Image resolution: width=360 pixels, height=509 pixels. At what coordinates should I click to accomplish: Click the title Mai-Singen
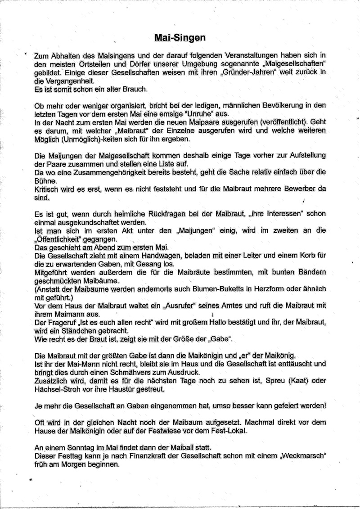click(x=180, y=39)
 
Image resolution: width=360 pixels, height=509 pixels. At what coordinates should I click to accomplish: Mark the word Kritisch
click(x=47, y=189)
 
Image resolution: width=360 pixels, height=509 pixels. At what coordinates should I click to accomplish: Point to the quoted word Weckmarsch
click(x=302, y=455)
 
